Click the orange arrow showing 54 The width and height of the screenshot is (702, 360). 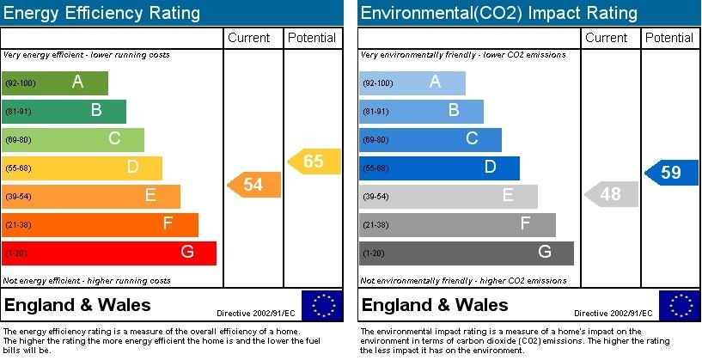(x=253, y=185)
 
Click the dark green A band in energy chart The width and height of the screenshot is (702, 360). (x=56, y=83)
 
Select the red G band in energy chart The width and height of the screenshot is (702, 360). (x=109, y=253)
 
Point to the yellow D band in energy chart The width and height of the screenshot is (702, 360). (x=82, y=168)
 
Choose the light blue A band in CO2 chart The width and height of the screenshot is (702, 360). (x=412, y=83)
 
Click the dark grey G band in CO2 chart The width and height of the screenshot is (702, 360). (x=466, y=253)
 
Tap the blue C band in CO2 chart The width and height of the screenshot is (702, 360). (x=430, y=139)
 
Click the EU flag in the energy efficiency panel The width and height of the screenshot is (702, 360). (x=321, y=306)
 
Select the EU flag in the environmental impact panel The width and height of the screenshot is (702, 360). (x=680, y=306)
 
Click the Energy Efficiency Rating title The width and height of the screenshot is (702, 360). (x=102, y=13)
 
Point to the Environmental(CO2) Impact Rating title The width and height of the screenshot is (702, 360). (x=498, y=13)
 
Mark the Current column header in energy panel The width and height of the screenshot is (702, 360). (x=249, y=38)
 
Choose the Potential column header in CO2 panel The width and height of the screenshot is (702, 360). (x=669, y=38)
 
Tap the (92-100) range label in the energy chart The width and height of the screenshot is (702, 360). (x=19, y=83)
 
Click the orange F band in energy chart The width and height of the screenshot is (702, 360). (x=101, y=225)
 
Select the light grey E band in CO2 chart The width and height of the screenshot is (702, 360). (x=448, y=196)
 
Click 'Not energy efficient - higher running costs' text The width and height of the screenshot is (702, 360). (x=87, y=281)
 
